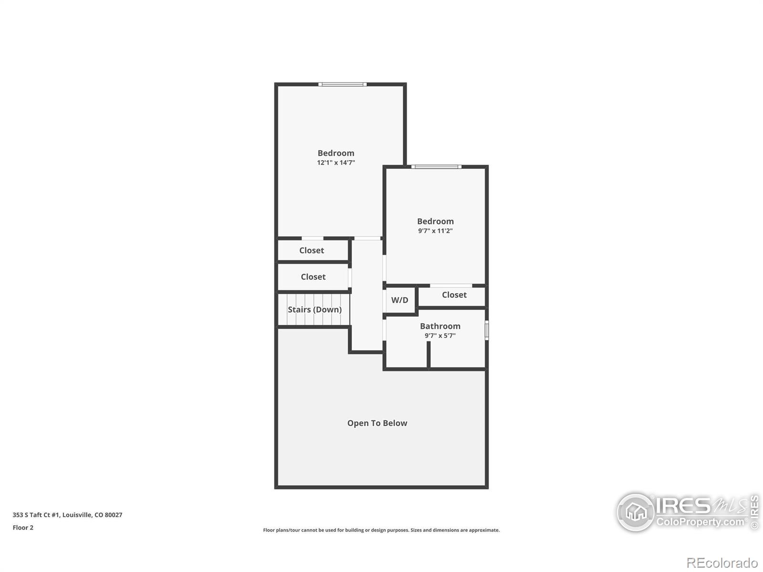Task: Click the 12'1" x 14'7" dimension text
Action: [336, 163]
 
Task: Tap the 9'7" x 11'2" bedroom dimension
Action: [435, 231]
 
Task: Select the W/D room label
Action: [400, 300]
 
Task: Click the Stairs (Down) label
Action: [314, 309]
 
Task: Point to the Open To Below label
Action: [377, 423]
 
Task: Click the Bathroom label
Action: [440, 326]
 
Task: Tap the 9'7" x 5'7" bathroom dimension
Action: [440, 336]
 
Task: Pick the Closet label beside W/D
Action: [454, 295]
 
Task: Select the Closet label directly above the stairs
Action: [313, 276]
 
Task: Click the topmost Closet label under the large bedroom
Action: [311, 250]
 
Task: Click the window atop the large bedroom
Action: [342, 84]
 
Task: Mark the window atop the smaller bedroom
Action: [436, 167]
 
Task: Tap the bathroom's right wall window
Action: [486, 330]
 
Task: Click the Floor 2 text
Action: [23, 528]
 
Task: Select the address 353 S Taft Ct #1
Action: [67, 515]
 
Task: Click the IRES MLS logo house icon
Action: [636, 512]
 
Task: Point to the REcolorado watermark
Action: [723, 563]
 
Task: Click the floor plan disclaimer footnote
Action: [381, 530]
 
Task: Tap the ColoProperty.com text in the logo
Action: [701, 522]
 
